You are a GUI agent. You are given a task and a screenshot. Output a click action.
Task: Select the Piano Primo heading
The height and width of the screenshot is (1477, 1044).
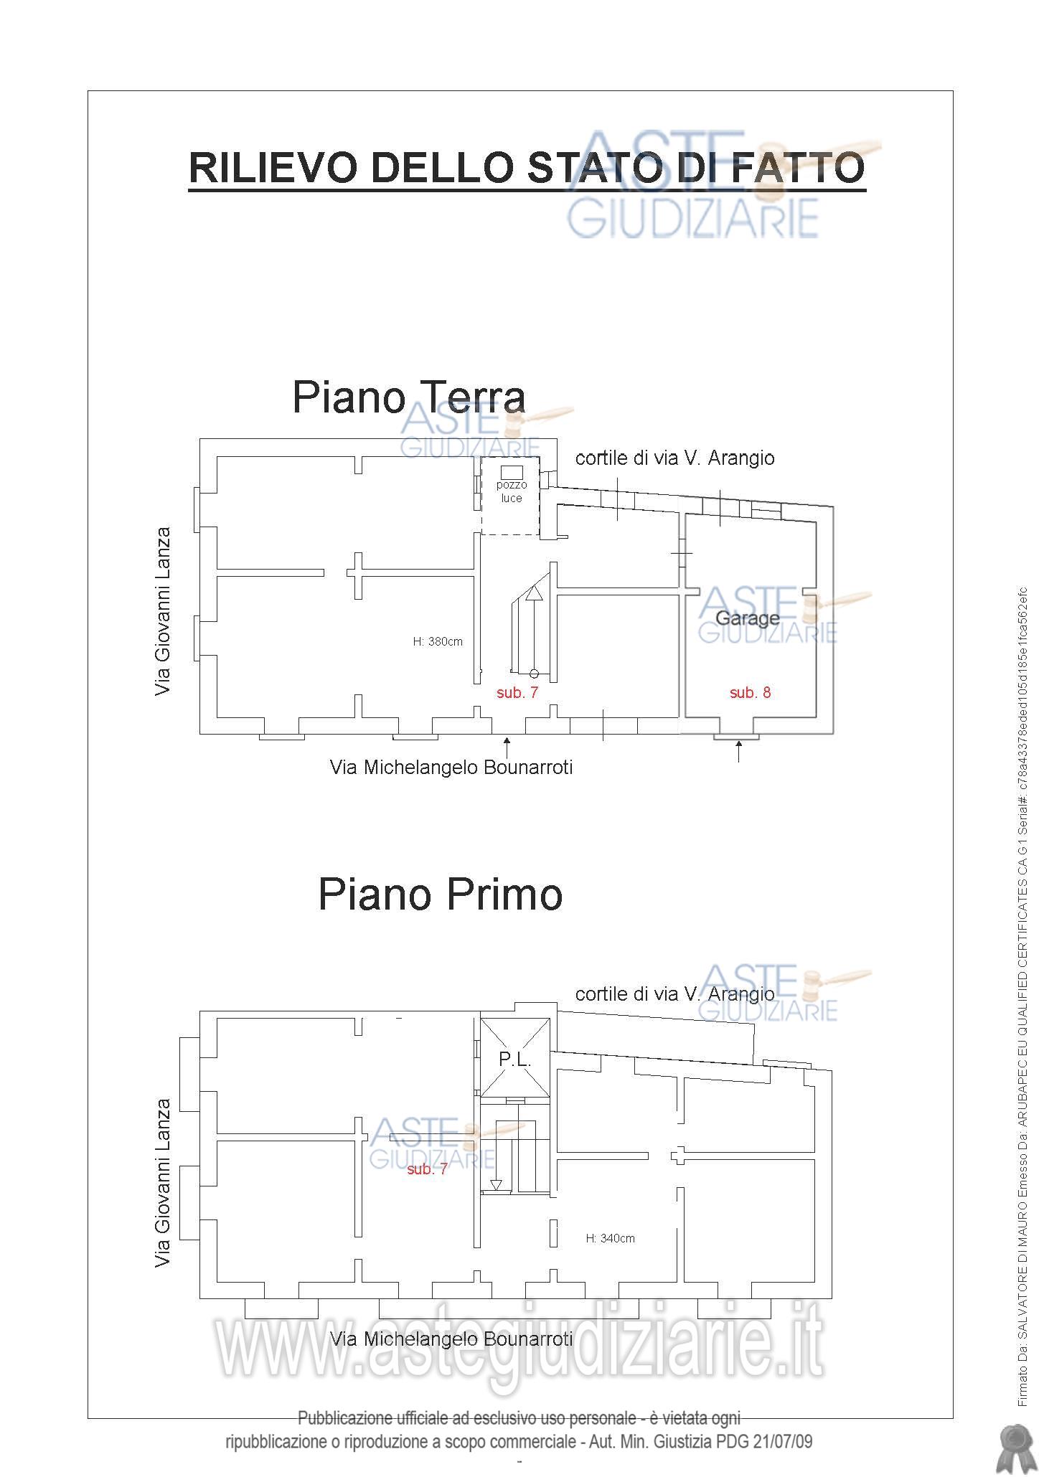point(440,894)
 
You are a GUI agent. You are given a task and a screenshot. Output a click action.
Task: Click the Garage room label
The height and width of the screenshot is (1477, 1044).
point(748,618)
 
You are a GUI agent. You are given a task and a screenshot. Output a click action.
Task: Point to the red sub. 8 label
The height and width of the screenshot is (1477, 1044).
point(750,692)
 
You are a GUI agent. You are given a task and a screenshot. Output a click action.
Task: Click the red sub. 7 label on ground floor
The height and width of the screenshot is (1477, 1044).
point(517,693)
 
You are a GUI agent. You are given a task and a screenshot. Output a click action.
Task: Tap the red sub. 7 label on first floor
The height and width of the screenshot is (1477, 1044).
point(427,1169)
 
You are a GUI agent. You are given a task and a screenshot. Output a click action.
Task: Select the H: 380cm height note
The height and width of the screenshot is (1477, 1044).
point(438,641)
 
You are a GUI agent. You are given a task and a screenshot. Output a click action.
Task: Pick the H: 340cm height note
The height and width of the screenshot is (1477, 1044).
point(610,1238)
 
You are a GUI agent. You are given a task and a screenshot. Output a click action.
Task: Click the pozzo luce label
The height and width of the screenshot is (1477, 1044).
point(512,491)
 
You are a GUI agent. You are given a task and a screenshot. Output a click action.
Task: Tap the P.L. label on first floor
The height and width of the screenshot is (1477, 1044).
point(514,1060)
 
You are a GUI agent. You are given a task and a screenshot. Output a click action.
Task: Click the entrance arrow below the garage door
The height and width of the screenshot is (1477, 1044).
point(738,751)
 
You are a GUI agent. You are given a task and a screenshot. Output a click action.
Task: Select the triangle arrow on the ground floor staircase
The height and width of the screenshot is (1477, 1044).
point(534,593)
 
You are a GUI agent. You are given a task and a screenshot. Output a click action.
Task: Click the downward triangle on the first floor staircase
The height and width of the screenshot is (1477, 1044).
point(496,1185)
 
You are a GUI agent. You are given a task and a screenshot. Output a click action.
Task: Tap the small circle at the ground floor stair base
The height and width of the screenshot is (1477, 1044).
point(534,673)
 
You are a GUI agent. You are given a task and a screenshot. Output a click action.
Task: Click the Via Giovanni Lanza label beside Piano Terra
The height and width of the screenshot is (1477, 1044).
point(164,611)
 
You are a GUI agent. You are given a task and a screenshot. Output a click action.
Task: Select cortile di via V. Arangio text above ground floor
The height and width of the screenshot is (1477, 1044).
point(674,458)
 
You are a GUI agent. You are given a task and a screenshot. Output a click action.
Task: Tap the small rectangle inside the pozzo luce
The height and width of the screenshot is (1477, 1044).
point(512,471)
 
